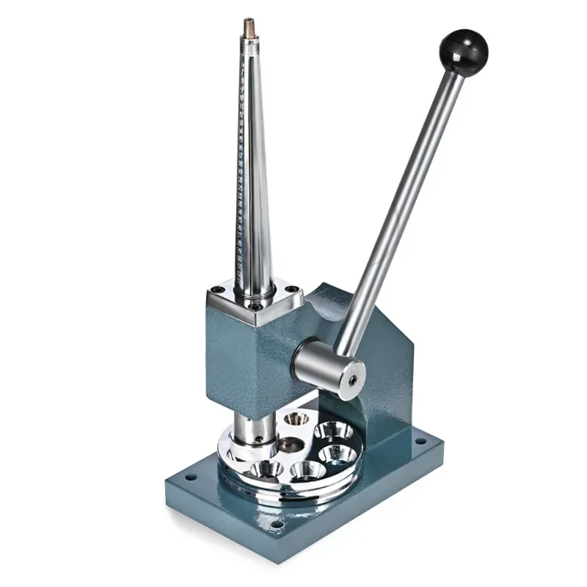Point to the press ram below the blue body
[x=247, y=426]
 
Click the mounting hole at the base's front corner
[x=277, y=525]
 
